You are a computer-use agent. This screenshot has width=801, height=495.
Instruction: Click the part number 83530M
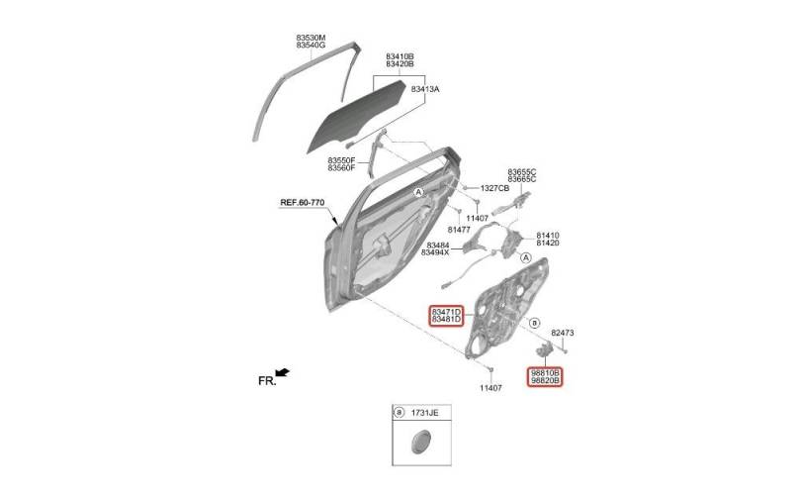click(311, 38)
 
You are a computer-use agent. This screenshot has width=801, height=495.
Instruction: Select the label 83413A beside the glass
click(425, 89)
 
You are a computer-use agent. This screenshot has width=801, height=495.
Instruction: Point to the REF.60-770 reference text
click(302, 203)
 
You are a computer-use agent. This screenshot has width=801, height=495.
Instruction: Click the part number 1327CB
click(494, 188)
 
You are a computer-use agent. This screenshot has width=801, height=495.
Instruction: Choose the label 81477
click(459, 230)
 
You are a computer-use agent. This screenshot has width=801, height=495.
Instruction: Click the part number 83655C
click(521, 172)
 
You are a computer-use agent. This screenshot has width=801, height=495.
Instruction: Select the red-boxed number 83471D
click(446, 312)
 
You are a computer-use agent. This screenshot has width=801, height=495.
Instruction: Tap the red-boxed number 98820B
click(545, 380)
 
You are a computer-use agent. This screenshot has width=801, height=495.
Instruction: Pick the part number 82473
click(563, 333)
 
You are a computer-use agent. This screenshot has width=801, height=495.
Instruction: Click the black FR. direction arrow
click(283, 372)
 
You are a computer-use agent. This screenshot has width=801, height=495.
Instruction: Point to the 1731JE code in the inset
click(424, 412)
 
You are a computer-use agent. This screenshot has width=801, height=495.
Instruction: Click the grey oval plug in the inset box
click(420, 442)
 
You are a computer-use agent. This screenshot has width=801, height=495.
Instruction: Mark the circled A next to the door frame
click(419, 192)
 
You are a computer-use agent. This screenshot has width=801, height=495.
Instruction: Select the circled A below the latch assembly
click(526, 257)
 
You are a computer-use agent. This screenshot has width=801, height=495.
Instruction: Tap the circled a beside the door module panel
click(534, 323)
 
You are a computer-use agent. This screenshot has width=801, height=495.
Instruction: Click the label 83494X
click(435, 252)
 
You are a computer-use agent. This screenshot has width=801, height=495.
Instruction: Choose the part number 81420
click(547, 243)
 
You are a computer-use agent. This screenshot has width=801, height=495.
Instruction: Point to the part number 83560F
click(341, 167)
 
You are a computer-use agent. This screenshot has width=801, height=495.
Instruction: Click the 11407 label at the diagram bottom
click(490, 388)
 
